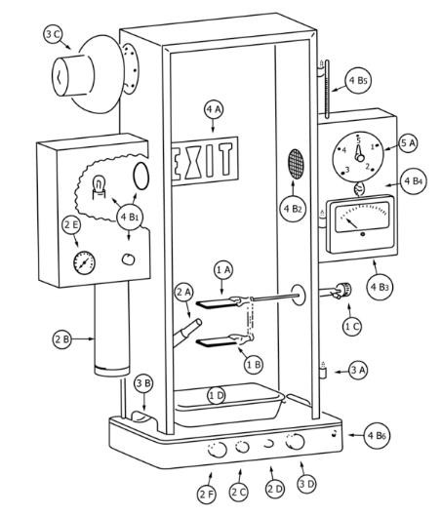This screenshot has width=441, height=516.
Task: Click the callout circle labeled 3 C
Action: [53, 34]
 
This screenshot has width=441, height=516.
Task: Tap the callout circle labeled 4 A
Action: [214, 109]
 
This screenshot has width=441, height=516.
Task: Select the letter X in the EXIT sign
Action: [193, 162]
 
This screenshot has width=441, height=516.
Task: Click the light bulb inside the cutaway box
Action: [99, 187]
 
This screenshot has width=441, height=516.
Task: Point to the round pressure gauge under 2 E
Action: [84, 263]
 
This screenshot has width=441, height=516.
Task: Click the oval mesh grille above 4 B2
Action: [297, 164]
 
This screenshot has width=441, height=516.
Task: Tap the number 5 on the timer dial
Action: [359, 140]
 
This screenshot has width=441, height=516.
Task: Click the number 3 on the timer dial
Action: [346, 170]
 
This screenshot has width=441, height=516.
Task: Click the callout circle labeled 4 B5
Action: [358, 81]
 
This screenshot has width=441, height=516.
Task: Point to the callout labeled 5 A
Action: [409, 143]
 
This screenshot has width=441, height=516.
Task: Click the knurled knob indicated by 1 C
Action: [343, 290]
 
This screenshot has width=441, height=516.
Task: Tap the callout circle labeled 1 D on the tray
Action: [217, 396]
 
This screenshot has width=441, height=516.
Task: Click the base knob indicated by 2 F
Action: [218, 450]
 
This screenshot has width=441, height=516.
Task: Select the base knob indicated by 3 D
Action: [295, 442]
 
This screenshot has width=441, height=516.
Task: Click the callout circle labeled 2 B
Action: [62, 339]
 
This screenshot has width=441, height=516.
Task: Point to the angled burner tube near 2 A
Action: [187, 332]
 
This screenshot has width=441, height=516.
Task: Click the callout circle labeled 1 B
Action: [254, 365]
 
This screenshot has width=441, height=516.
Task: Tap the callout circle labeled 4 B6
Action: [377, 435]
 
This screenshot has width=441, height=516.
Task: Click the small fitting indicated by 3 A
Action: [323, 372]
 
